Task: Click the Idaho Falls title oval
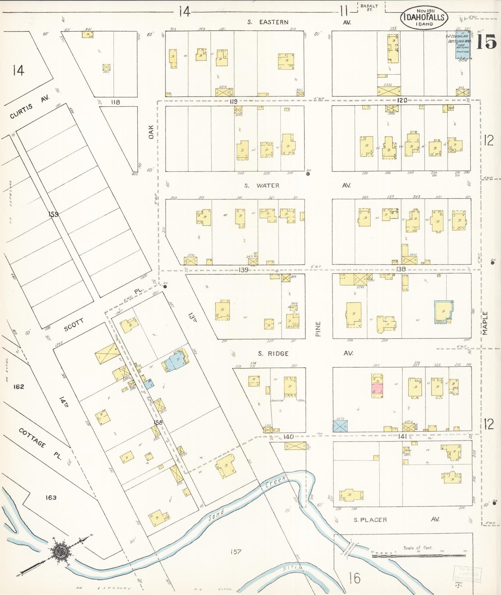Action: pos(424,17)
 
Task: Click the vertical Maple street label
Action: pos(485,323)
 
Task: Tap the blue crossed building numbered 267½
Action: pos(340,426)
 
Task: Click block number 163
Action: pos(51,497)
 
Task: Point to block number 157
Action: pos(235,551)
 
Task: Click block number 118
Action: pos(115,102)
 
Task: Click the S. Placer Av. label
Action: pos(395,520)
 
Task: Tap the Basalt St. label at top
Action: pos(369,7)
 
